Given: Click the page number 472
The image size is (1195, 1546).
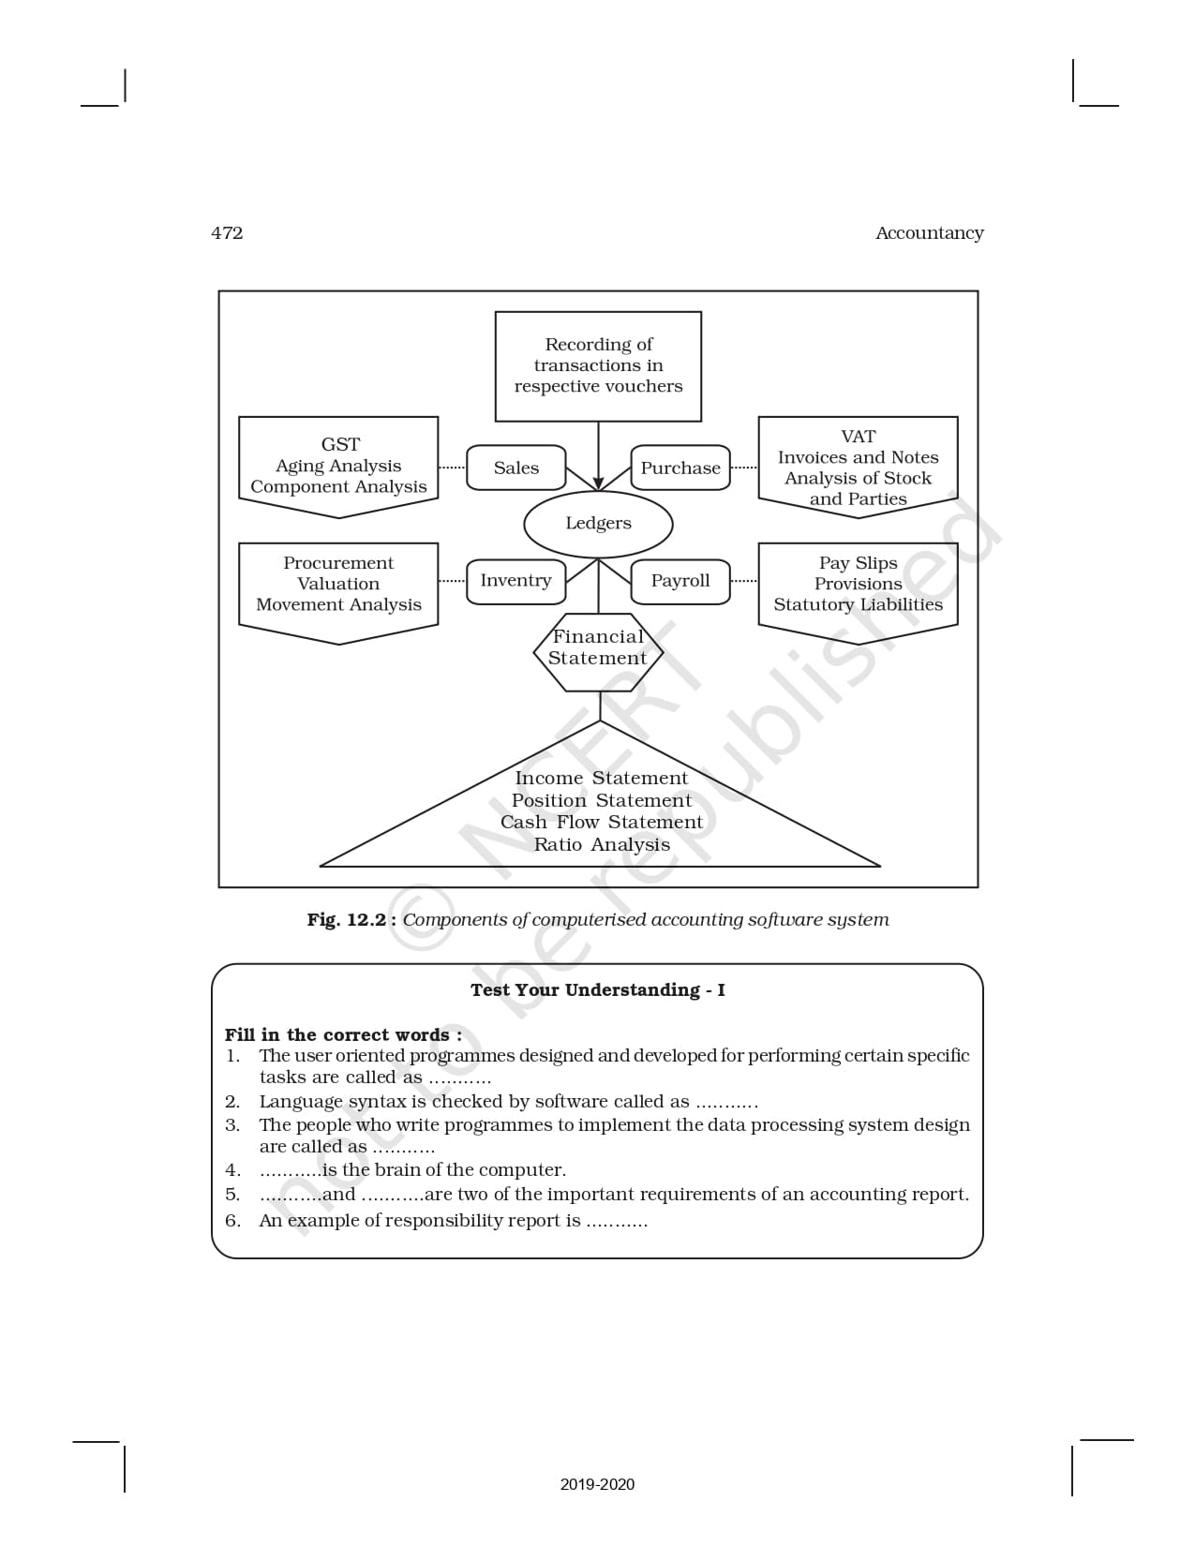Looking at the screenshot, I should pyautogui.click(x=227, y=233).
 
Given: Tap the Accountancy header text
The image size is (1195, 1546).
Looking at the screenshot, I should pyautogui.click(x=929, y=233).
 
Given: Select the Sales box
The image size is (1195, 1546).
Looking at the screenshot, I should pyautogui.click(x=516, y=468).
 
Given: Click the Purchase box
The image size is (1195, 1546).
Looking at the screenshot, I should pyautogui.click(x=680, y=468).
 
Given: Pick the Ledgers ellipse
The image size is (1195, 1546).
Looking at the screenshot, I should pyautogui.click(x=598, y=524).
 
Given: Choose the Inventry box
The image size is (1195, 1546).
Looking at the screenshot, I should pyautogui.click(x=515, y=581).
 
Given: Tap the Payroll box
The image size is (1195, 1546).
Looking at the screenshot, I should pyautogui.click(x=680, y=581).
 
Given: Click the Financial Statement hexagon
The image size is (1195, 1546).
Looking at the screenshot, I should pyautogui.click(x=598, y=647).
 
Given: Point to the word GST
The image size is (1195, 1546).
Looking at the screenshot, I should pyautogui.click(x=339, y=444).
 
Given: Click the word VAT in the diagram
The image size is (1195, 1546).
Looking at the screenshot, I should pyautogui.click(x=858, y=437).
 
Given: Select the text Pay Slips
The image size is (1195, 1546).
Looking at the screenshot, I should pyautogui.click(x=858, y=563).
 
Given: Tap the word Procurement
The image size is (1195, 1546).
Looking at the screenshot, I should pyautogui.click(x=338, y=563).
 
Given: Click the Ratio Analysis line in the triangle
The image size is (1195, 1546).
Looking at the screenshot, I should pyautogui.click(x=602, y=844).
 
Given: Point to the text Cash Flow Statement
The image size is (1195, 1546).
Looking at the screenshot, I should pyautogui.click(x=602, y=822).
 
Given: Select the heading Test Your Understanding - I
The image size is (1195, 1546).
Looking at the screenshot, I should pyautogui.click(x=597, y=990).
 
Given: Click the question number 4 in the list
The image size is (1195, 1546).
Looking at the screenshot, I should pyautogui.click(x=232, y=1170).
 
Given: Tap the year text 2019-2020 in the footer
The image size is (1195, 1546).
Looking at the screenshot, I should pyautogui.click(x=597, y=1484).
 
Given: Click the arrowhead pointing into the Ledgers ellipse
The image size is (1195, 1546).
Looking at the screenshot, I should pyautogui.click(x=598, y=484).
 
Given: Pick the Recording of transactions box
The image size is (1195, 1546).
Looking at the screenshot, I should pyautogui.click(x=598, y=366).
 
